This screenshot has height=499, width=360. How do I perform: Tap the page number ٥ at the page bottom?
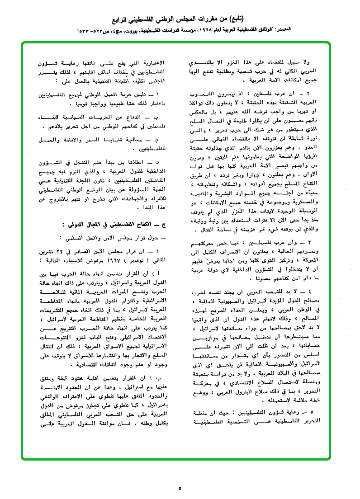coord(180,489)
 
